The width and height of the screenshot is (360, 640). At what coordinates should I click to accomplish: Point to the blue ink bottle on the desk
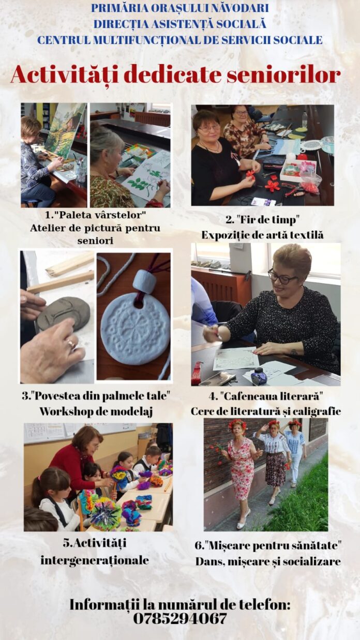(258, 376)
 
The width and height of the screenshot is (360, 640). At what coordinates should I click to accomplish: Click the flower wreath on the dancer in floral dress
(237, 424)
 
